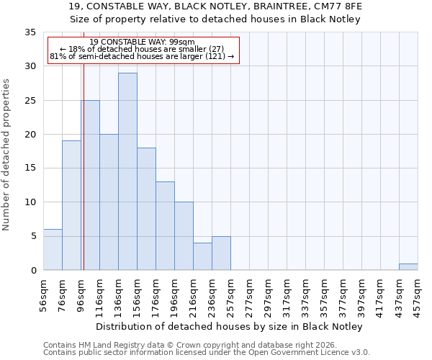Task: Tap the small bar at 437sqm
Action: (408, 266)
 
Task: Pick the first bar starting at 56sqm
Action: (53, 249)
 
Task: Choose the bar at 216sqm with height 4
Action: (202, 256)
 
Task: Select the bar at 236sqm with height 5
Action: (221, 253)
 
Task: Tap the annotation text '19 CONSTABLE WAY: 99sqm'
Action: (143, 42)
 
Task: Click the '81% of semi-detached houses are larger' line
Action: (143, 56)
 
